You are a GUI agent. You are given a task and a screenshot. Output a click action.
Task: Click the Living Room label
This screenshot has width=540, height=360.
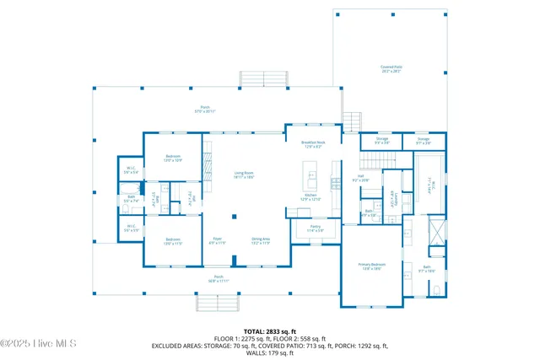coord(244,175)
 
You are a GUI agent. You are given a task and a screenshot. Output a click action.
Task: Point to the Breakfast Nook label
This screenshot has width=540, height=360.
coord(313,145)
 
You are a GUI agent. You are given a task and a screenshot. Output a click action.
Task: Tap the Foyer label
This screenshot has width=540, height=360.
coord(217,240)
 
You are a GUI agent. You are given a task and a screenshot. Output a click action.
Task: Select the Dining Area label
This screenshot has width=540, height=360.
coord(260,240)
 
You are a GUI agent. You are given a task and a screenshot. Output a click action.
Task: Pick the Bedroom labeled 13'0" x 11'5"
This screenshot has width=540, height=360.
coord(173,240)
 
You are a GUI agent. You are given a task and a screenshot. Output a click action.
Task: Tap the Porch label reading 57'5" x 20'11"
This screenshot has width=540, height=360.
coord(204,110)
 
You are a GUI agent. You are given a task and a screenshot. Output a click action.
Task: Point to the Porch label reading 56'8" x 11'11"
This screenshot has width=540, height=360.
coord(219,279)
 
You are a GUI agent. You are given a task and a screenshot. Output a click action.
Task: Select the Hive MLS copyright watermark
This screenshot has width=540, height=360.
coord(39,343)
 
